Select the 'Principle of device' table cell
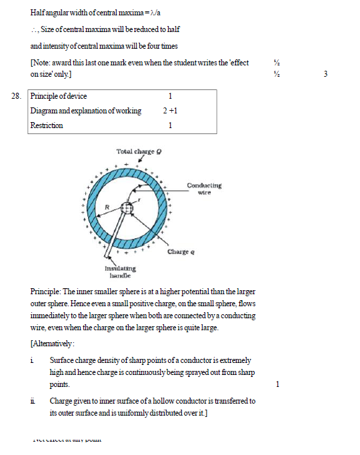[x=59, y=96]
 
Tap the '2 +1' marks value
[x=169, y=111]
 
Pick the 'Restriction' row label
[x=47, y=125]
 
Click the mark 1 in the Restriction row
[x=171, y=125]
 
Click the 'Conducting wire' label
[x=204, y=189]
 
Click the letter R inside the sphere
[x=105, y=207]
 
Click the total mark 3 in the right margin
[x=325, y=74]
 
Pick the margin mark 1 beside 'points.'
[x=277, y=384]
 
